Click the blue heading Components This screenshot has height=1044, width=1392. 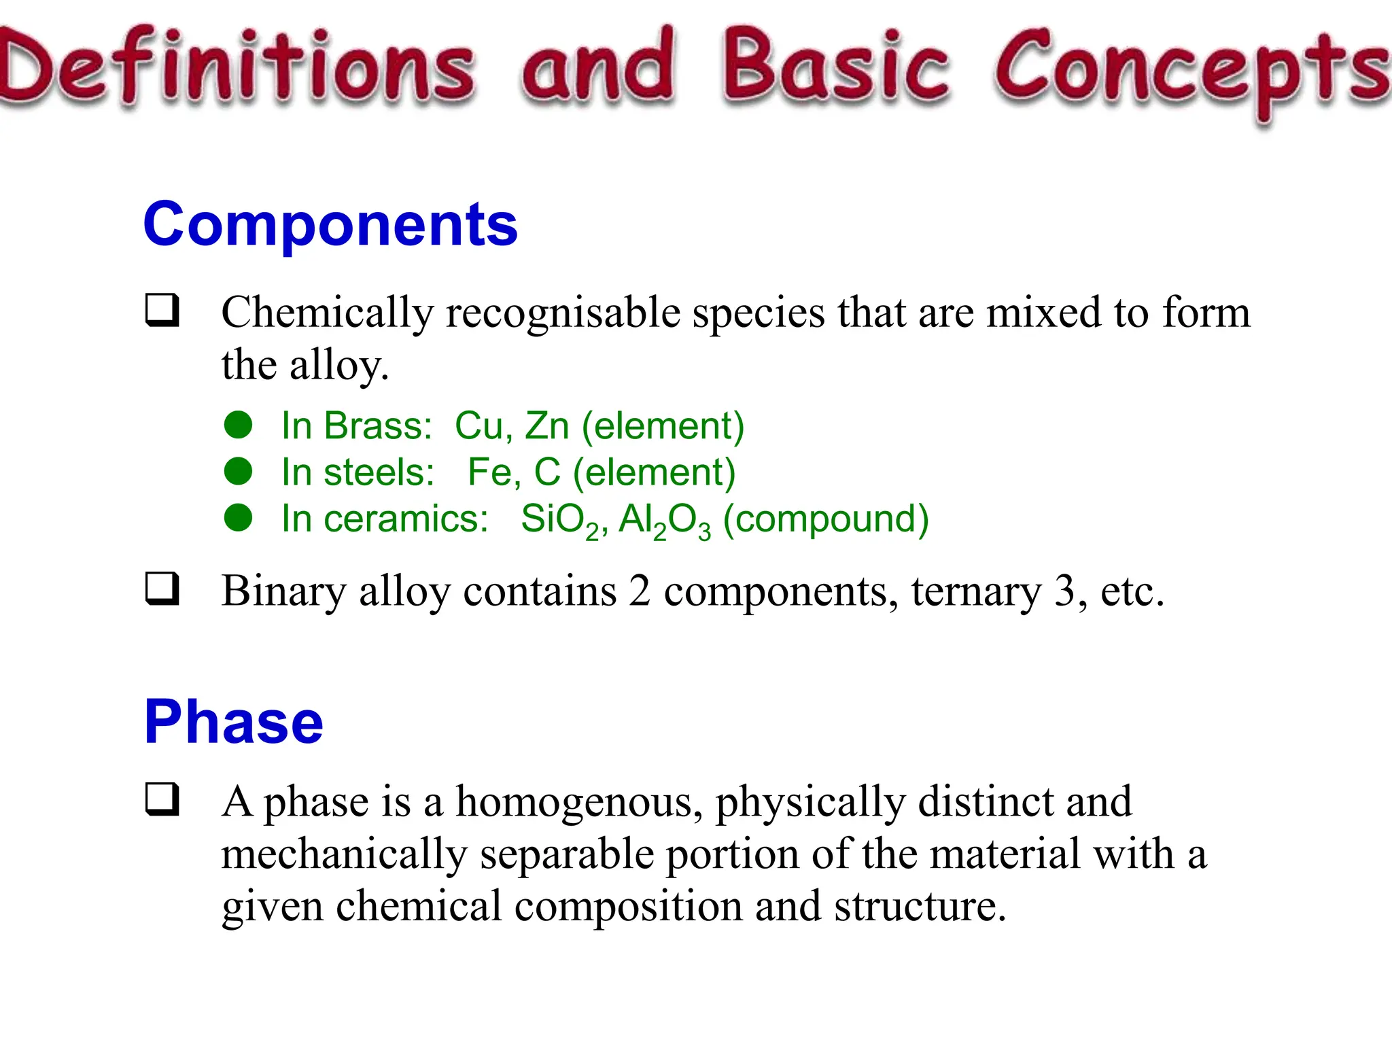pos(330,225)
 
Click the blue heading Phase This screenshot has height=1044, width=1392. pos(234,722)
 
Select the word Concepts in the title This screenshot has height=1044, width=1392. pos(1193,71)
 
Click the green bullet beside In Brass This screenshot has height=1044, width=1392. pos(239,425)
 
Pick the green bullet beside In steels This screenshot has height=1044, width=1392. pos(239,472)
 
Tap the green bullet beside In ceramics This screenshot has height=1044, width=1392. pos(239,518)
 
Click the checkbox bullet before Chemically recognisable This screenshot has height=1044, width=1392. pos(162,310)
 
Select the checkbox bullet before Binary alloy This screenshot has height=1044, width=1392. pos(162,589)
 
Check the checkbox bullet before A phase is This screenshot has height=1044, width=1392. pos(162,799)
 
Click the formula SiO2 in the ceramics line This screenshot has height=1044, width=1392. pos(560,520)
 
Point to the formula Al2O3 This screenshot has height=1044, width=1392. pos(664,520)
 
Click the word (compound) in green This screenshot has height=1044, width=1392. pos(825,520)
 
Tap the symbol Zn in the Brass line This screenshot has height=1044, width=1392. pos(547,426)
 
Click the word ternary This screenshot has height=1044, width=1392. pos(976,591)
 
